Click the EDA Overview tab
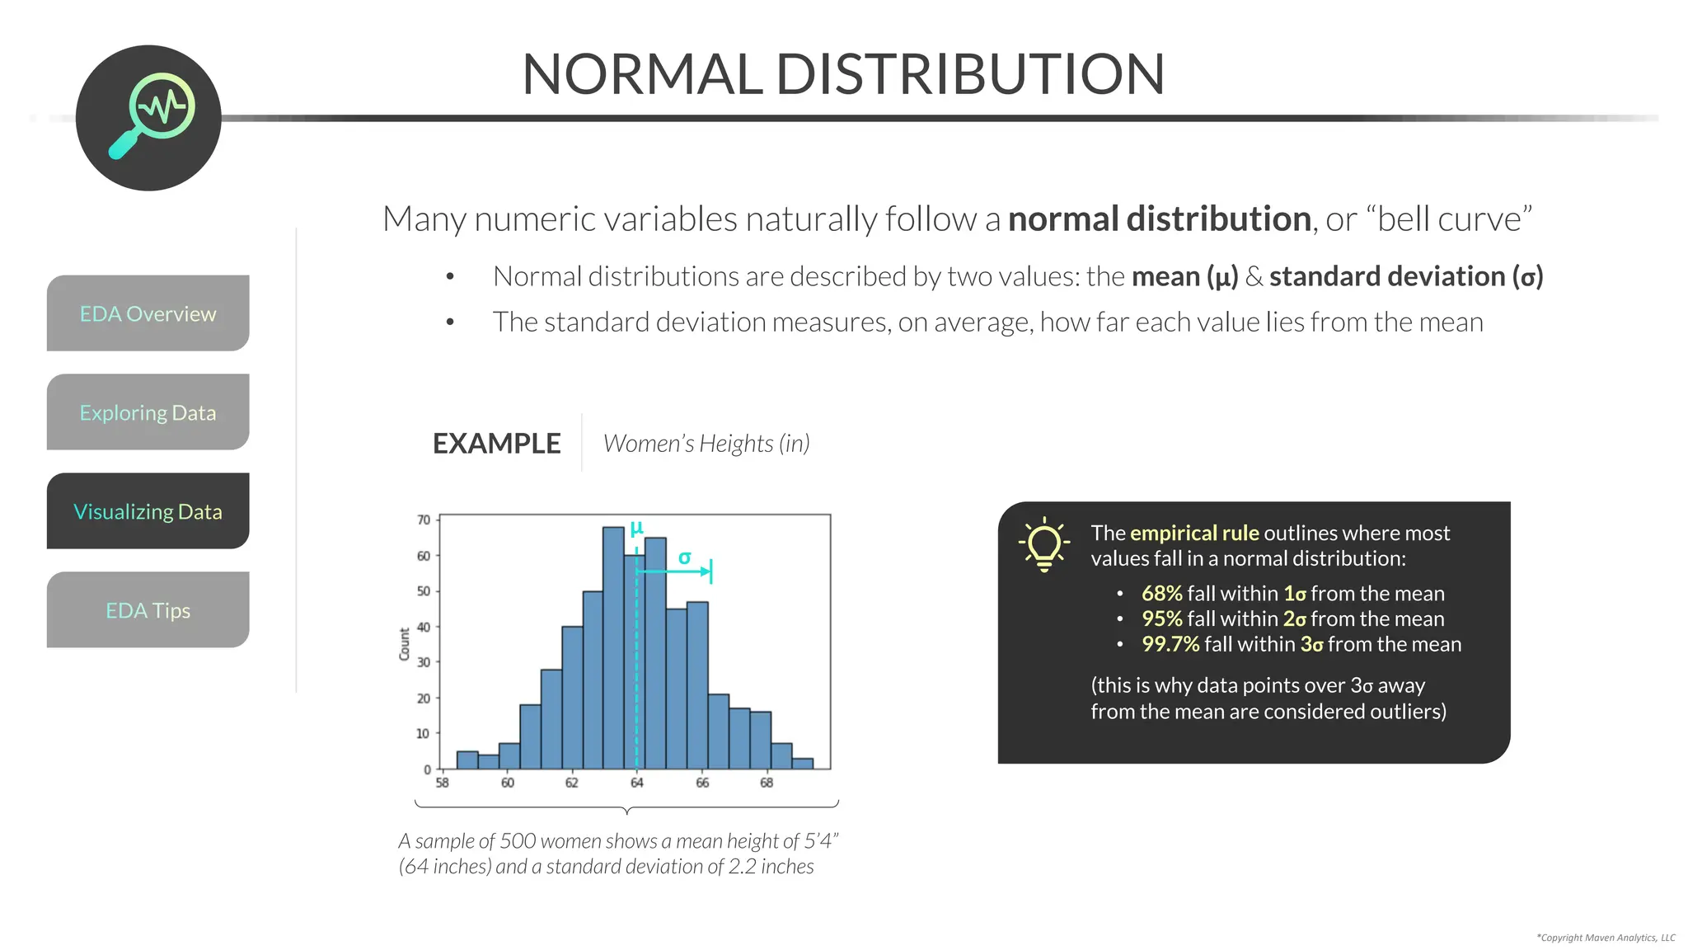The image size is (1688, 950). (x=148, y=313)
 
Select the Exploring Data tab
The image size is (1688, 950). (x=148, y=412)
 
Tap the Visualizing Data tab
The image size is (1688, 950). (x=148, y=511)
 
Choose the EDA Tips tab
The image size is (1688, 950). (x=148, y=610)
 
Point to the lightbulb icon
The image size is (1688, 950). (x=1043, y=545)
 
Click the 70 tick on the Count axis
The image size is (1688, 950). (x=424, y=520)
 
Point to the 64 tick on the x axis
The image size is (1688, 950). (x=636, y=783)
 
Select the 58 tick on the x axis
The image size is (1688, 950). (x=443, y=783)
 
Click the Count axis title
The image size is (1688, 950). (x=405, y=643)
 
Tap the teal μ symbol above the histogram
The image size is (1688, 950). (x=636, y=527)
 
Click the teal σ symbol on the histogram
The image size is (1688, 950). (x=684, y=558)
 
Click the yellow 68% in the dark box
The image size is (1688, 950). (x=1161, y=593)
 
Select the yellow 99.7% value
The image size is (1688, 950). (x=1170, y=644)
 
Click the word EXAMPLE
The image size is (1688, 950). (x=496, y=444)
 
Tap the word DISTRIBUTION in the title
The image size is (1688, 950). (x=970, y=74)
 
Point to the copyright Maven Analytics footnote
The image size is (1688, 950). (x=1606, y=938)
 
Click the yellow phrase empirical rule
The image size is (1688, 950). (x=1194, y=533)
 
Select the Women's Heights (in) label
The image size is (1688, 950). (x=706, y=444)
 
